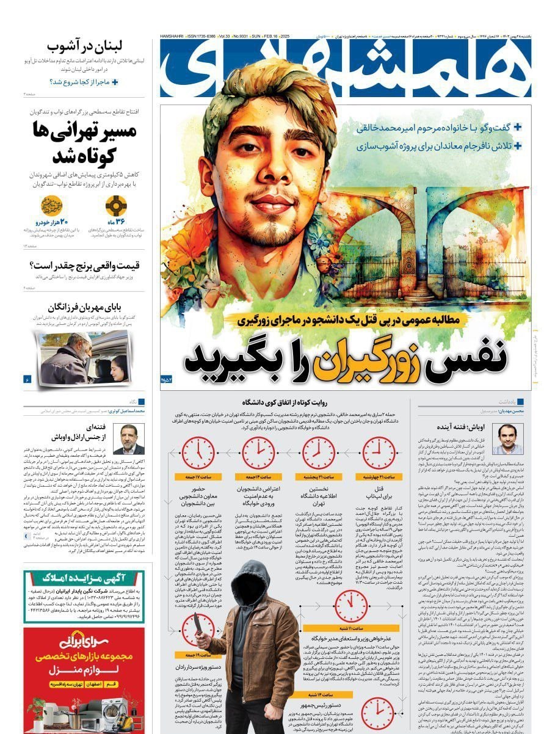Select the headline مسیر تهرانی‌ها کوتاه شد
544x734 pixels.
coord(85,143)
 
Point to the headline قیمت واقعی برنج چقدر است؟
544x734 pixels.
coord(85,266)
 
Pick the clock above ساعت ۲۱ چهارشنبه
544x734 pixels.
coord(379,453)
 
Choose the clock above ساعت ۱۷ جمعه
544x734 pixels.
coord(198,453)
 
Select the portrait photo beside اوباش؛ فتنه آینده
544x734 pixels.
coord(507,439)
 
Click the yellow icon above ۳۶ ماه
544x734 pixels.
coord(116,206)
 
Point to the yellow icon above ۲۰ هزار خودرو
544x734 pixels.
coord(52,206)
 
